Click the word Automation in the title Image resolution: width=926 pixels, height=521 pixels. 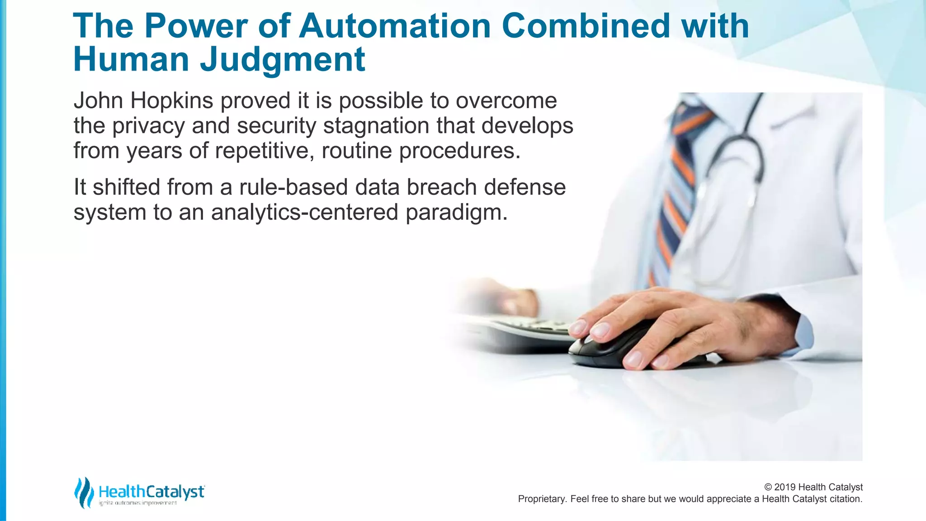coord(395,26)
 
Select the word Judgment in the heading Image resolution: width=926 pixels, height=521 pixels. coord(283,60)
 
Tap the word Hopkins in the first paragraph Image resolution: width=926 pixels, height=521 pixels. coord(171,100)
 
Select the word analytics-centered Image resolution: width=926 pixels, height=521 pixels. coord(304,212)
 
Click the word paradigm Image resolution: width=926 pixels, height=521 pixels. coord(457,213)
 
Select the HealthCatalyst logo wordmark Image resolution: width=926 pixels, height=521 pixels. coord(151,492)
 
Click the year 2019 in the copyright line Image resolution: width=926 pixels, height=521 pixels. coord(785,487)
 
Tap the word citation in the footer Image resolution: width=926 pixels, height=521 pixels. coord(845,499)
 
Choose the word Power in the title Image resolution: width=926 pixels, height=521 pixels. coord(196,26)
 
